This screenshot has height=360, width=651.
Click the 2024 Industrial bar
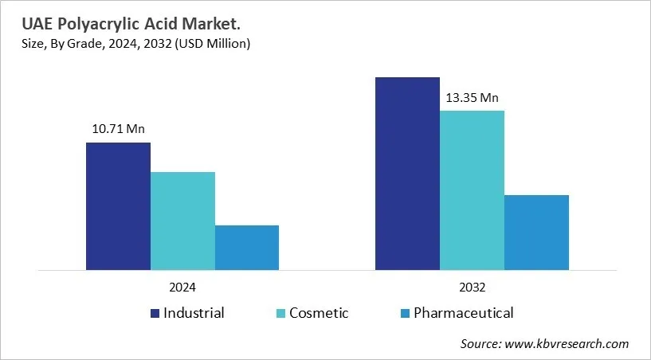(x=118, y=206)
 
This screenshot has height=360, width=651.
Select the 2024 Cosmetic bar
(x=182, y=221)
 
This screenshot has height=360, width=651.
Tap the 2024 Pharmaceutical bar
(x=247, y=248)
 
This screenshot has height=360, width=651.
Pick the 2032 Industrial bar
(x=408, y=174)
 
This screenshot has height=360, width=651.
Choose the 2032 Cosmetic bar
(x=472, y=190)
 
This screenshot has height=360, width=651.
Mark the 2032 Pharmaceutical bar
(x=536, y=232)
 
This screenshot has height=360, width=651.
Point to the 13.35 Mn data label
(x=472, y=98)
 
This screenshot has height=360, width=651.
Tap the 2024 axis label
(x=182, y=287)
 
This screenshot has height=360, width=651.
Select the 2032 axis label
(x=472, y=287)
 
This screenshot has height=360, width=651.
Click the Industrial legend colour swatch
(x=154, y=313)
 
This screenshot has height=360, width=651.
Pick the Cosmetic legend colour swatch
(x=280, y=313)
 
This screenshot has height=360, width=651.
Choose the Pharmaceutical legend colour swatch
(x=406, y=313)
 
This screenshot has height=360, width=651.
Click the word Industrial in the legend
(x=194, y=313)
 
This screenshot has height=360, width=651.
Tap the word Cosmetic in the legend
(x=319, y=313)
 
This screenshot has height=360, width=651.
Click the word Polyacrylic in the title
(x=93, y=25)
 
